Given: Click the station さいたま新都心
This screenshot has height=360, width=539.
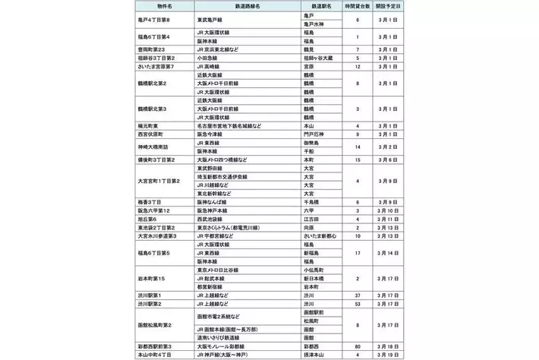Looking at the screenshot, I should [x=319, y=236].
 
